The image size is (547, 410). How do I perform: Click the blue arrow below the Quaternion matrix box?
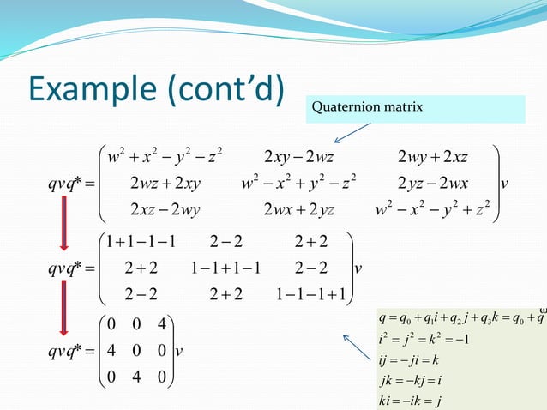(352, 132)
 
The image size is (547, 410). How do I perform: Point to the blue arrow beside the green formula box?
(358, 349)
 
